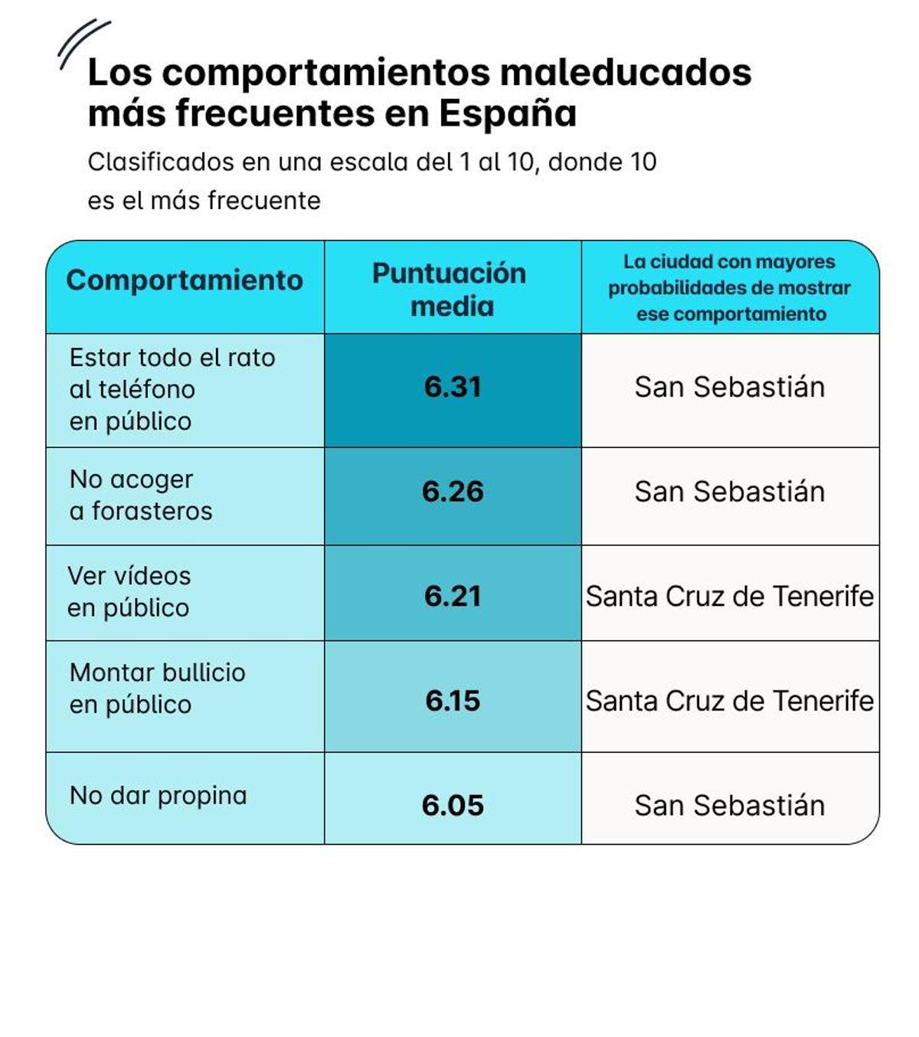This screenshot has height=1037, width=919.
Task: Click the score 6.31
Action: point(453,388)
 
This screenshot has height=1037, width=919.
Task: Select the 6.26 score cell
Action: point(453,492)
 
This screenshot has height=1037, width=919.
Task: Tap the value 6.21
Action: point(453,597)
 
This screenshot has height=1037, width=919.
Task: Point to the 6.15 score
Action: point(453,701)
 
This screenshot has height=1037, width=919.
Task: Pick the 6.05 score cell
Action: point(453,806)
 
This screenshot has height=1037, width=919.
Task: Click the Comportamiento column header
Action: point(185,280)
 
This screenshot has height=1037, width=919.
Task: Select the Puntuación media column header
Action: point(450,290)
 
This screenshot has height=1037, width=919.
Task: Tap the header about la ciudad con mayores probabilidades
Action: point(730,288)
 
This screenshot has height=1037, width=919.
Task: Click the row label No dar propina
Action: point(158,796)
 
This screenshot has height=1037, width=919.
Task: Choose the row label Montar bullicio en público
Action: point(157,689)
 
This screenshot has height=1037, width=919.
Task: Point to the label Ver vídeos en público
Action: point(129,592)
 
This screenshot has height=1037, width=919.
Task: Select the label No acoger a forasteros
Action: point(140,495)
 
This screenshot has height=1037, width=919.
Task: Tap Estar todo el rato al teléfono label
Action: point(172,389)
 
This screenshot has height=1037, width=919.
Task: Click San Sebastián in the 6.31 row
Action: point(729,388)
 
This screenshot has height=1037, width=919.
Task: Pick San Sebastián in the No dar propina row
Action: point(729,806)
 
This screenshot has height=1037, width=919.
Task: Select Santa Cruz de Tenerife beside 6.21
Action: point(729,597)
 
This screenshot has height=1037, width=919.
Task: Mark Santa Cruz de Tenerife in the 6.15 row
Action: point(729,701)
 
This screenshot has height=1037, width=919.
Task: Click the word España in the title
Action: point(507,114)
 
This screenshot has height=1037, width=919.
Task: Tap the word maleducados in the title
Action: point(626,73)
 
